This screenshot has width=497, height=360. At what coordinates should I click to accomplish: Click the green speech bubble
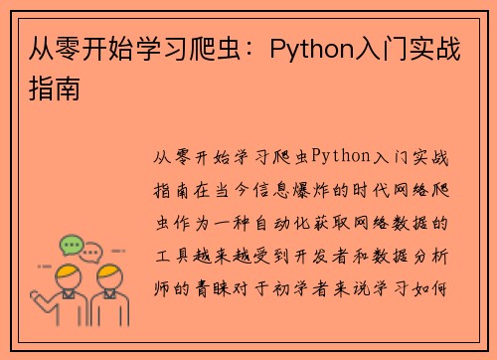(71, 244)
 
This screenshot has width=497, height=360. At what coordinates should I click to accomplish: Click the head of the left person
(67, 274)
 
